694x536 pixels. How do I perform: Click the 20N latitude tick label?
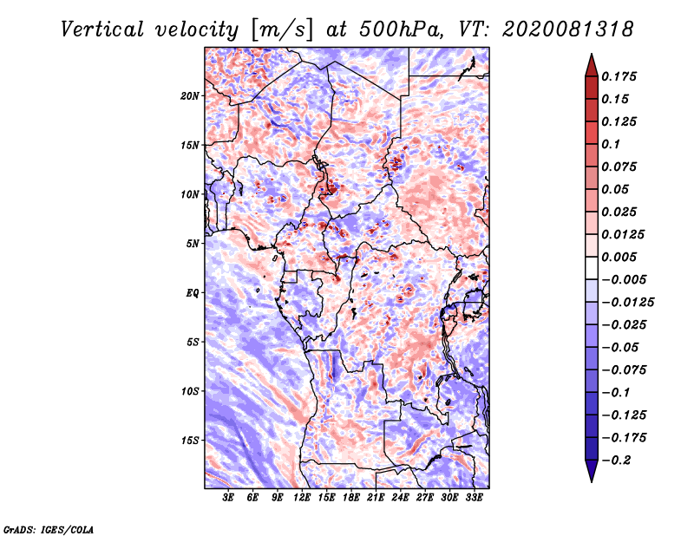190,96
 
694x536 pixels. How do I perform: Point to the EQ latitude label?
192,293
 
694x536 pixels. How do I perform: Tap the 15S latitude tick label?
190,441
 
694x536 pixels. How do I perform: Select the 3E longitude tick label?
228,498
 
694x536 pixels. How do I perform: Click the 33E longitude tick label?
474,498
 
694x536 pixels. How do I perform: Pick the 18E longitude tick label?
351,498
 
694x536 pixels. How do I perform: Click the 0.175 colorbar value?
619,76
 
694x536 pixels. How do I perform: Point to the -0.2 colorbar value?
616,461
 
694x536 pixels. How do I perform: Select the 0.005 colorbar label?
619,257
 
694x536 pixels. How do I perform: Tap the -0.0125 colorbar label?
627,303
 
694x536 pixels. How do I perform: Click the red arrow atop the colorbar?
592,65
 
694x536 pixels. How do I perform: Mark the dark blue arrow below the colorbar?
592,471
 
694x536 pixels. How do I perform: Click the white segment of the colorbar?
592,268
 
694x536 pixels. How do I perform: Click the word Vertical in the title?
102,29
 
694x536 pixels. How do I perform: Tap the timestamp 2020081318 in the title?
568,29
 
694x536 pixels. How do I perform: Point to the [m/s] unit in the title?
282,30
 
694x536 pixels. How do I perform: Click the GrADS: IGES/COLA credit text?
49,529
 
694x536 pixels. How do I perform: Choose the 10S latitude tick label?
190,391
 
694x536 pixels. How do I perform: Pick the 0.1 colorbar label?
611,144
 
